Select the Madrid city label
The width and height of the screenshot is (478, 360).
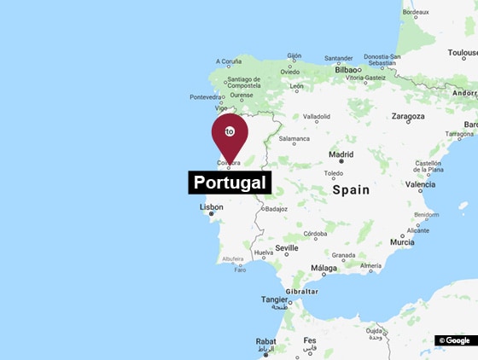click(341, 154)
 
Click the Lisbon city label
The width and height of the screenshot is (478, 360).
click(211, 206)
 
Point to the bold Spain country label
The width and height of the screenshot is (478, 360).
click(351, 190)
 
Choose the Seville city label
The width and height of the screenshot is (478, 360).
click(287, 247)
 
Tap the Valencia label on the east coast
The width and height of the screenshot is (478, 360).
click(420, 184)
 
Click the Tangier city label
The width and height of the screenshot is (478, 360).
click(274, 299)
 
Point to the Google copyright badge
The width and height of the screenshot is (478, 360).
click(455, 340)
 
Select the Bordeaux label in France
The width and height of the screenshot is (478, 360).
click(415, 12)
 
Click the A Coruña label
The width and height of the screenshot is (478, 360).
click(229, 61)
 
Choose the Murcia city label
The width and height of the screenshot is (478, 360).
click(402, 242)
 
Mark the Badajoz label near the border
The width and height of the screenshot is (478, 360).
click(277, 208)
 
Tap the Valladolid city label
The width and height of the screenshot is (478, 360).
click(317, 116)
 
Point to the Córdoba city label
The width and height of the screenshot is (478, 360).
click(315, 233)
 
